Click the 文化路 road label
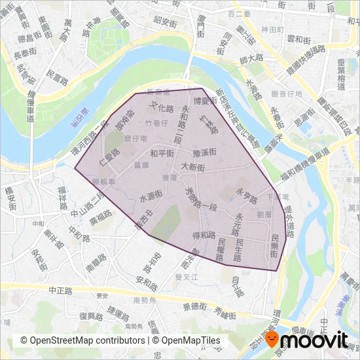[162, 107]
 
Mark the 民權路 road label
[221, 248]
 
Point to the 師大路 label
[251, 60]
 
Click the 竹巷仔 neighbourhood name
[157, 122]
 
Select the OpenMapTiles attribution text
[186, 340]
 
